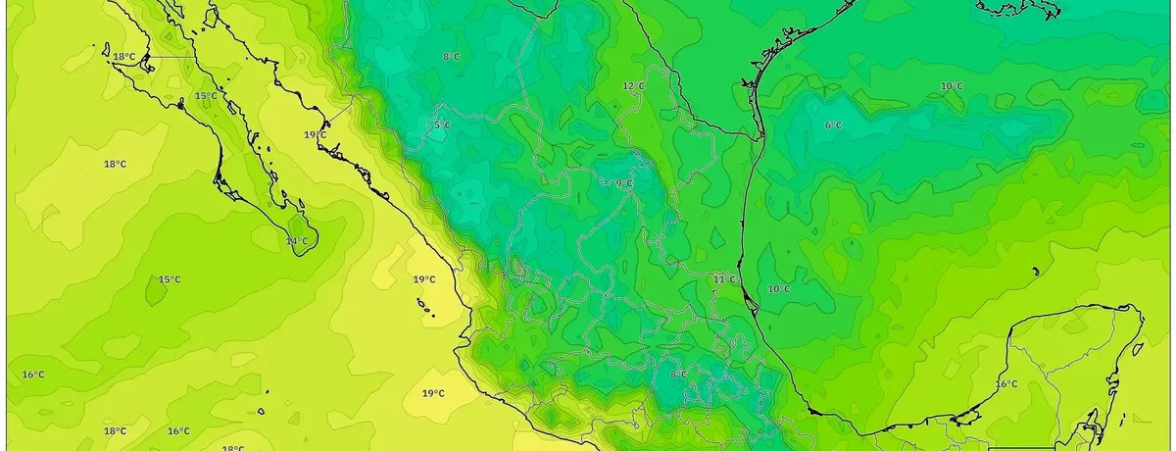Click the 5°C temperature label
pos(442,125)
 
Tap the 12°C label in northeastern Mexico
pos(633,86)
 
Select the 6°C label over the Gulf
pos(833,125)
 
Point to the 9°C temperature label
pos(623,183)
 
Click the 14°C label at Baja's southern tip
pos(296,241)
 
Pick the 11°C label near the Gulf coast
pos(724,280)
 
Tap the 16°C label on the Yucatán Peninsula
pos(1006,383)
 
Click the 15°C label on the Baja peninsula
pos(205,96)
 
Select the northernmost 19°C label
pos(315,134)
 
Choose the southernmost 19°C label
pos(433,393)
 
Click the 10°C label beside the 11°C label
pos(779,289)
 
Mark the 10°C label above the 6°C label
pos(952,86)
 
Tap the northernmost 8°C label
pos(451,57)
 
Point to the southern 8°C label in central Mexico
pos(678,375)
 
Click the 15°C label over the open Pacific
pos(170,279)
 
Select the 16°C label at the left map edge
pos(32,375)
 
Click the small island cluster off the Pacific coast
pos(425,309)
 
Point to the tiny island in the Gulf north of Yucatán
pos(1036,272)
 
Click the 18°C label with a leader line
pos(123,57)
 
